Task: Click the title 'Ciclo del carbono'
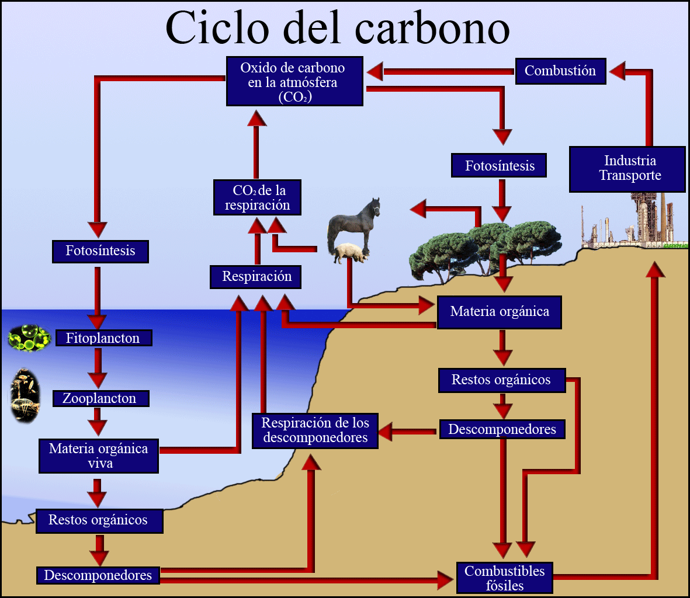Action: [338, 27]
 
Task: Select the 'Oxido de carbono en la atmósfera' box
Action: [294, 82]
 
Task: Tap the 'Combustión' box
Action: [560, 71]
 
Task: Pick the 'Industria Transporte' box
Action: [627, 169]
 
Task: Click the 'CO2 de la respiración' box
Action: [257, 197]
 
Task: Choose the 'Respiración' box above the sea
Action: [256, 277]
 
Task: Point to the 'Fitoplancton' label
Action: [103, 338]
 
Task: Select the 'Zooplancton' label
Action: [100, 398]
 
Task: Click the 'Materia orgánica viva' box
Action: [99, 456]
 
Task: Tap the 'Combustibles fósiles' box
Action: [504, 578]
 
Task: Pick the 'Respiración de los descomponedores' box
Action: [315, 430]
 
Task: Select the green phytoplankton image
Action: [29, 338]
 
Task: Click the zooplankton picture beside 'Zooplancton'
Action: [25, 395]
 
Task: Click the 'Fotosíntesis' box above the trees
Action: [500, 166]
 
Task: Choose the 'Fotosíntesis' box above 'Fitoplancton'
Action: [100, 251]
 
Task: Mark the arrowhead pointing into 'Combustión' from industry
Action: [618, 72]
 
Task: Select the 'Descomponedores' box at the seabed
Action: [98, 575]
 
